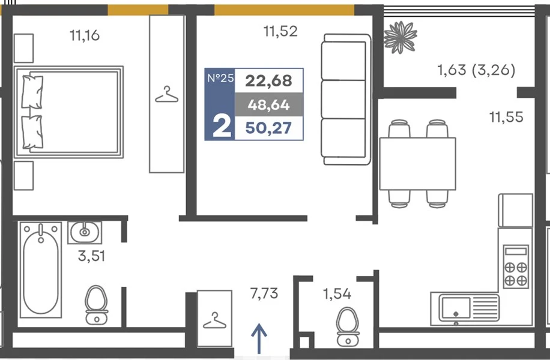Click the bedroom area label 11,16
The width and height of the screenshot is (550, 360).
point(85,35)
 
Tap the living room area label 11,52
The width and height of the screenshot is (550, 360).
point(280,31)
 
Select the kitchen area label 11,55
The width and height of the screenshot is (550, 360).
point(506,117)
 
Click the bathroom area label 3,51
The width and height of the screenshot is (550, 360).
point(91,256)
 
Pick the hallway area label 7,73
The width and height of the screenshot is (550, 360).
point(264,293)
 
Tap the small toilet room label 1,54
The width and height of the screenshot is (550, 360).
point(337,294)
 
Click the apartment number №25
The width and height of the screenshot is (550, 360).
point(220,78)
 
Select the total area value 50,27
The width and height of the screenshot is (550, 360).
point(268,128)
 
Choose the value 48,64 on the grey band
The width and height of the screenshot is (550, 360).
point(268,104)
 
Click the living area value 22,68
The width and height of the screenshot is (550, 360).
point(268,80)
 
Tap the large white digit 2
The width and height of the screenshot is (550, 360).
point(222,127)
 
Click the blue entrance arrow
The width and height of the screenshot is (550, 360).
point(259,338)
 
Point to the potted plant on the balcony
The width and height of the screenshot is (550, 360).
point(400,37)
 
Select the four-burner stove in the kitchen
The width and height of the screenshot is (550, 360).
point(516,266)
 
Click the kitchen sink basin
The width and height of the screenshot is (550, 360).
point(456,308)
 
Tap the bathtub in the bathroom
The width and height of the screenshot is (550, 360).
point(41,270)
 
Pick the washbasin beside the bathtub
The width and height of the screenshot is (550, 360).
point(85,232)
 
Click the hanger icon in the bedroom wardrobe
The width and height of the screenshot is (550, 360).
point(166,95)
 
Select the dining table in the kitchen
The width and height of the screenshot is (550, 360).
point(417,164)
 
